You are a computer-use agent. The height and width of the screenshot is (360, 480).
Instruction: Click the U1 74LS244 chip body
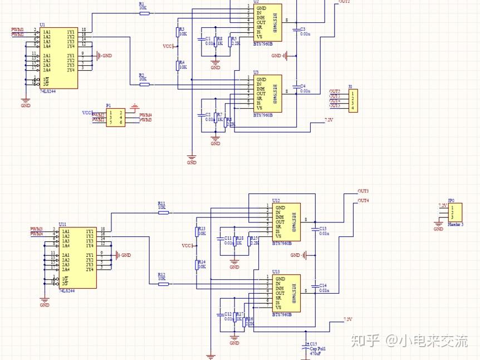[x=58, y=58]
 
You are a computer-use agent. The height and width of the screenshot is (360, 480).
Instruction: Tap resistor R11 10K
[x=163, y=212]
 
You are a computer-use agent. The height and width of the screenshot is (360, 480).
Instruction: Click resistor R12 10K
[x=163, y=284]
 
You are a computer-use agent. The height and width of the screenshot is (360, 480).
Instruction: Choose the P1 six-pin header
[x=116, y=117]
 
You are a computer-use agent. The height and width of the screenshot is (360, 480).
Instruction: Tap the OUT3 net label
[x=363, y=191]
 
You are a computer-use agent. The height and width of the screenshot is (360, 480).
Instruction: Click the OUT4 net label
[x=363, y=201]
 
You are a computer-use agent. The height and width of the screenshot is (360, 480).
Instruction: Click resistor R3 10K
[x=178, y=31]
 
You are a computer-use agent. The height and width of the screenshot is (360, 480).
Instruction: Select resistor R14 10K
[x=197, y=264]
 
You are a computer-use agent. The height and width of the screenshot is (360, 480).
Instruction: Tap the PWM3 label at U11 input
[x=36, y=229]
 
